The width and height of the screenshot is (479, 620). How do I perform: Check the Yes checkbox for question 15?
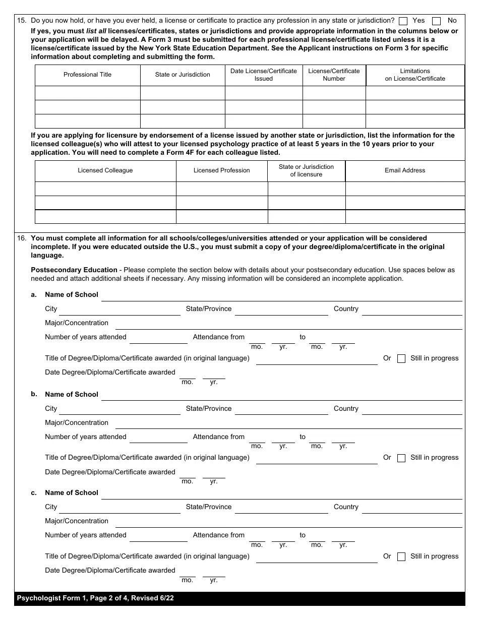click(403, 21)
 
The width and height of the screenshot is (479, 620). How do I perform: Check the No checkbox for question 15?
click(437, 21)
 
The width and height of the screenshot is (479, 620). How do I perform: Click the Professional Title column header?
click(87, 75)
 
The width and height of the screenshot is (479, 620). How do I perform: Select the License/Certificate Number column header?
click(334, 75)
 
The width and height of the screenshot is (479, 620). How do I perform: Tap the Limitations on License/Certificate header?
click(415, 75)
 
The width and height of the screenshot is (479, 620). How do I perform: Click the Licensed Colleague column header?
click(105, 170)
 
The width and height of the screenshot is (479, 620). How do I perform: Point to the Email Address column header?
click(405, 170)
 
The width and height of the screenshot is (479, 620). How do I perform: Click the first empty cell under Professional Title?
click(87, 93)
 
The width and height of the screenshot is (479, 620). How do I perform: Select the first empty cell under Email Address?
click(405, 189)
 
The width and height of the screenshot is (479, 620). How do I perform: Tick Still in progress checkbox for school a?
click(401, 359)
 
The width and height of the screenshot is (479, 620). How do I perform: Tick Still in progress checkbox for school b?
click(401, 458)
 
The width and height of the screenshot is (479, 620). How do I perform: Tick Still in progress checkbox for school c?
click(401, 557)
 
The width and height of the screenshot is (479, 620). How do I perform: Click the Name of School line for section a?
click(281, 296)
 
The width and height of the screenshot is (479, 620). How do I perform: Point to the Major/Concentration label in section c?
click(77, 521)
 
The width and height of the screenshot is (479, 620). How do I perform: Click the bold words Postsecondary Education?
click(74, 270)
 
